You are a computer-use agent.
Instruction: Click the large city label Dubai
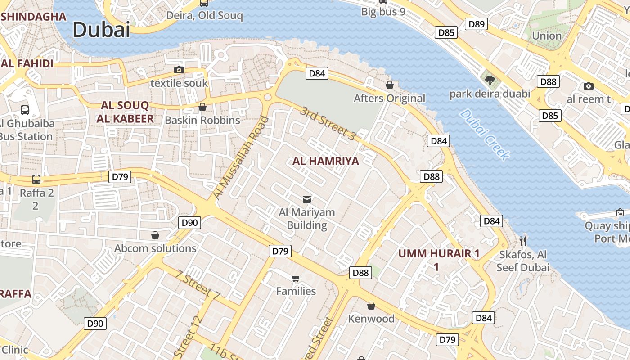(x=101, y=30)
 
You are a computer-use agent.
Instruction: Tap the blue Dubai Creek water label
(x=485, y=135)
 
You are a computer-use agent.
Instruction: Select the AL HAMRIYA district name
(x=326, y=161)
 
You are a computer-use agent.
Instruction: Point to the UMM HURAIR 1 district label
(x=439, y=254)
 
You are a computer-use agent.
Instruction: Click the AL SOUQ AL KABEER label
(x=125, y=112)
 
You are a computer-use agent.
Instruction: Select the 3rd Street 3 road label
(x=328, y=123)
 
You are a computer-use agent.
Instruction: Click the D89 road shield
(x=476, y=24)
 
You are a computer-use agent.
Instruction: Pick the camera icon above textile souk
(x=179, y=70)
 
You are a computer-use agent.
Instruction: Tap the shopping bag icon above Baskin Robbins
(x=202, y=107)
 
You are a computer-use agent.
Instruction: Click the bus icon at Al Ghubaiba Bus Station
(x=25, y=110)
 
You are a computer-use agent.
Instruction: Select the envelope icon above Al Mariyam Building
(x=307, y=199)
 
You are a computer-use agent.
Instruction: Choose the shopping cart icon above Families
(x=296, y=278)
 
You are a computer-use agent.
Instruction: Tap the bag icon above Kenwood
(x=371, y=306)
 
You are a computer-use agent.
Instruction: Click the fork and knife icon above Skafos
(x=522, y=241)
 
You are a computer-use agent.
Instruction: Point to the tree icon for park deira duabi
(x=490, y=80)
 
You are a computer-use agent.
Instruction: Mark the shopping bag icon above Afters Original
(x=390, y=85)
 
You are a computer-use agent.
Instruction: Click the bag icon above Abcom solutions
(x=155, y=235)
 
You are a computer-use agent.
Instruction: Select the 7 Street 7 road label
(x=198, y=284)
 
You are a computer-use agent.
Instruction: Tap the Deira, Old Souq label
(x=204, y=16)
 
